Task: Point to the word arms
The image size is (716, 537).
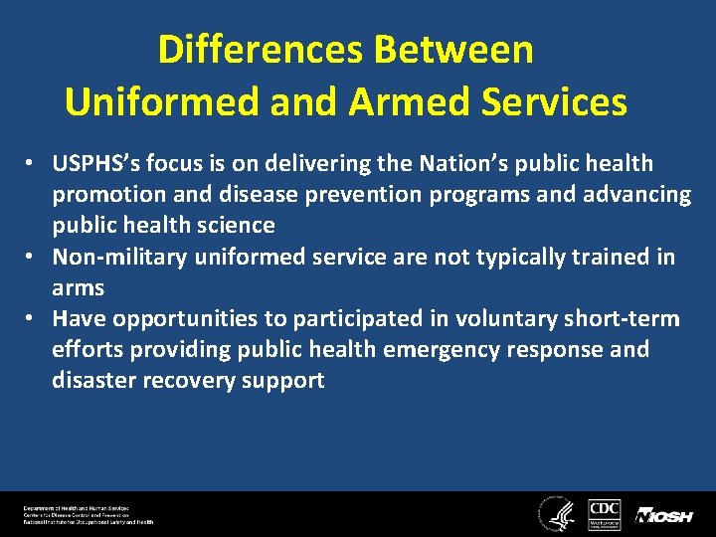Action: [x=78, y=287]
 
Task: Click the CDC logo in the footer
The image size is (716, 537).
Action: [x=605, y=513]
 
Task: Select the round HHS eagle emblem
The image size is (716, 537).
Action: [x=554, y=513]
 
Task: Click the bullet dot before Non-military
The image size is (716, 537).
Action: [x=33, y=258]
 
